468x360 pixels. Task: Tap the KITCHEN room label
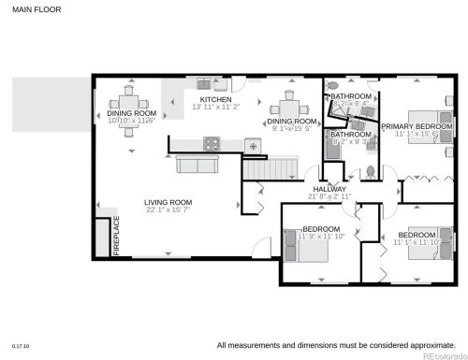click(215, 99)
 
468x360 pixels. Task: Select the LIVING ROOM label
click(168, 202)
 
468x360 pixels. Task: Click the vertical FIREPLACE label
click(117, 236)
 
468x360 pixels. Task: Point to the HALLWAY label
click(330, 189)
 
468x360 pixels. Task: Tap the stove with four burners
click(212, 144)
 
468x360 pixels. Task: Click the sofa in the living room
click(198, 165)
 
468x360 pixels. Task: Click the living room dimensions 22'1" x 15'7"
click(168, 210)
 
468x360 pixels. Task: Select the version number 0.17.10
click(20, 345)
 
